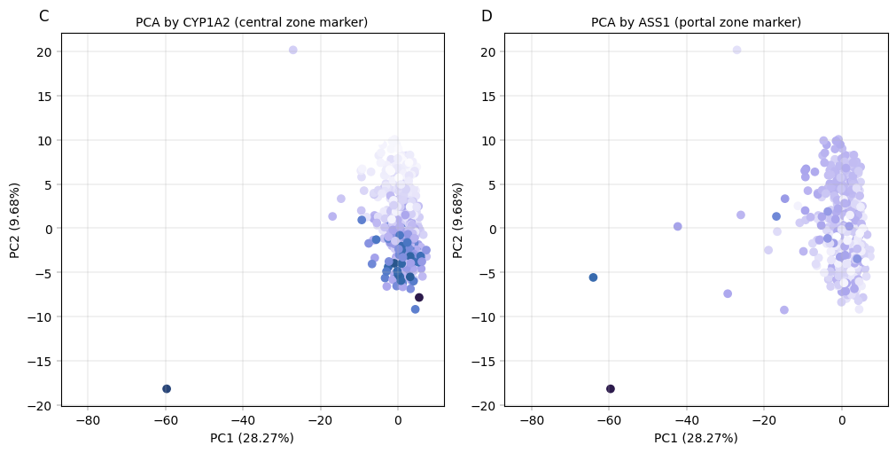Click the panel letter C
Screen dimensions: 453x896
point(43,16)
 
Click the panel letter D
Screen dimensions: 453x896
point(487,16)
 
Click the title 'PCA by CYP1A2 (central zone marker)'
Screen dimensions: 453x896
point(252,22)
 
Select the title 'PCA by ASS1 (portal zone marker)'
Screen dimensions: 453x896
point(696,22)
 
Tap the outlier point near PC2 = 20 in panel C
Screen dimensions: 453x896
point(292,51)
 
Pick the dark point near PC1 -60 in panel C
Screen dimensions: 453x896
point(167,388)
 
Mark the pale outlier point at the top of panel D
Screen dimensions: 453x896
point(736,51)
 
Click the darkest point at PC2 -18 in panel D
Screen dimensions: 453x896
point(610,388)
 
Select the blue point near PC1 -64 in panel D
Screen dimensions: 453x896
point(593,277)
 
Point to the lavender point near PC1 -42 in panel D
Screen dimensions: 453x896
point(678,226)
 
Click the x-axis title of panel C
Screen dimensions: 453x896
point(252,438)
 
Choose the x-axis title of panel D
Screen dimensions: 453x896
point(696,438)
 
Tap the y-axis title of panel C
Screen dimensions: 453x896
point(15,220)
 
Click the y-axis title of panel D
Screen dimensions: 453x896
point(458,220)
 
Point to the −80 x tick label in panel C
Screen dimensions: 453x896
point(87,419)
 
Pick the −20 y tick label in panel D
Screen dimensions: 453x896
point(485,405)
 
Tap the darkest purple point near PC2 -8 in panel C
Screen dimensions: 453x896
point(419,298)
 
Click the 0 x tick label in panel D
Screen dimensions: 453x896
point(842,419)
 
